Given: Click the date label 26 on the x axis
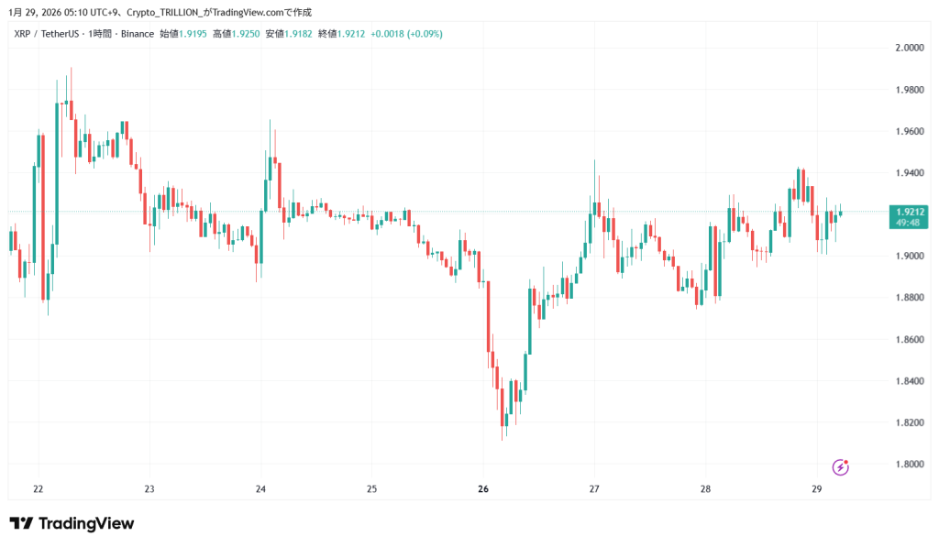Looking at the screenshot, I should pyautogui.click(x=483, y=488).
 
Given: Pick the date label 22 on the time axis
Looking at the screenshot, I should pyautogui.click(x=38, y=488).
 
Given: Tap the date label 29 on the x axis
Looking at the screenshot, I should pyautogui.click(x=816, y=488).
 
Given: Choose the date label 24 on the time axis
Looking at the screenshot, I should pyautogui.click(x=260, y=488).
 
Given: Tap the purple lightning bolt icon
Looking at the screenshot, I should pyautogui.click(x=840, y=467).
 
